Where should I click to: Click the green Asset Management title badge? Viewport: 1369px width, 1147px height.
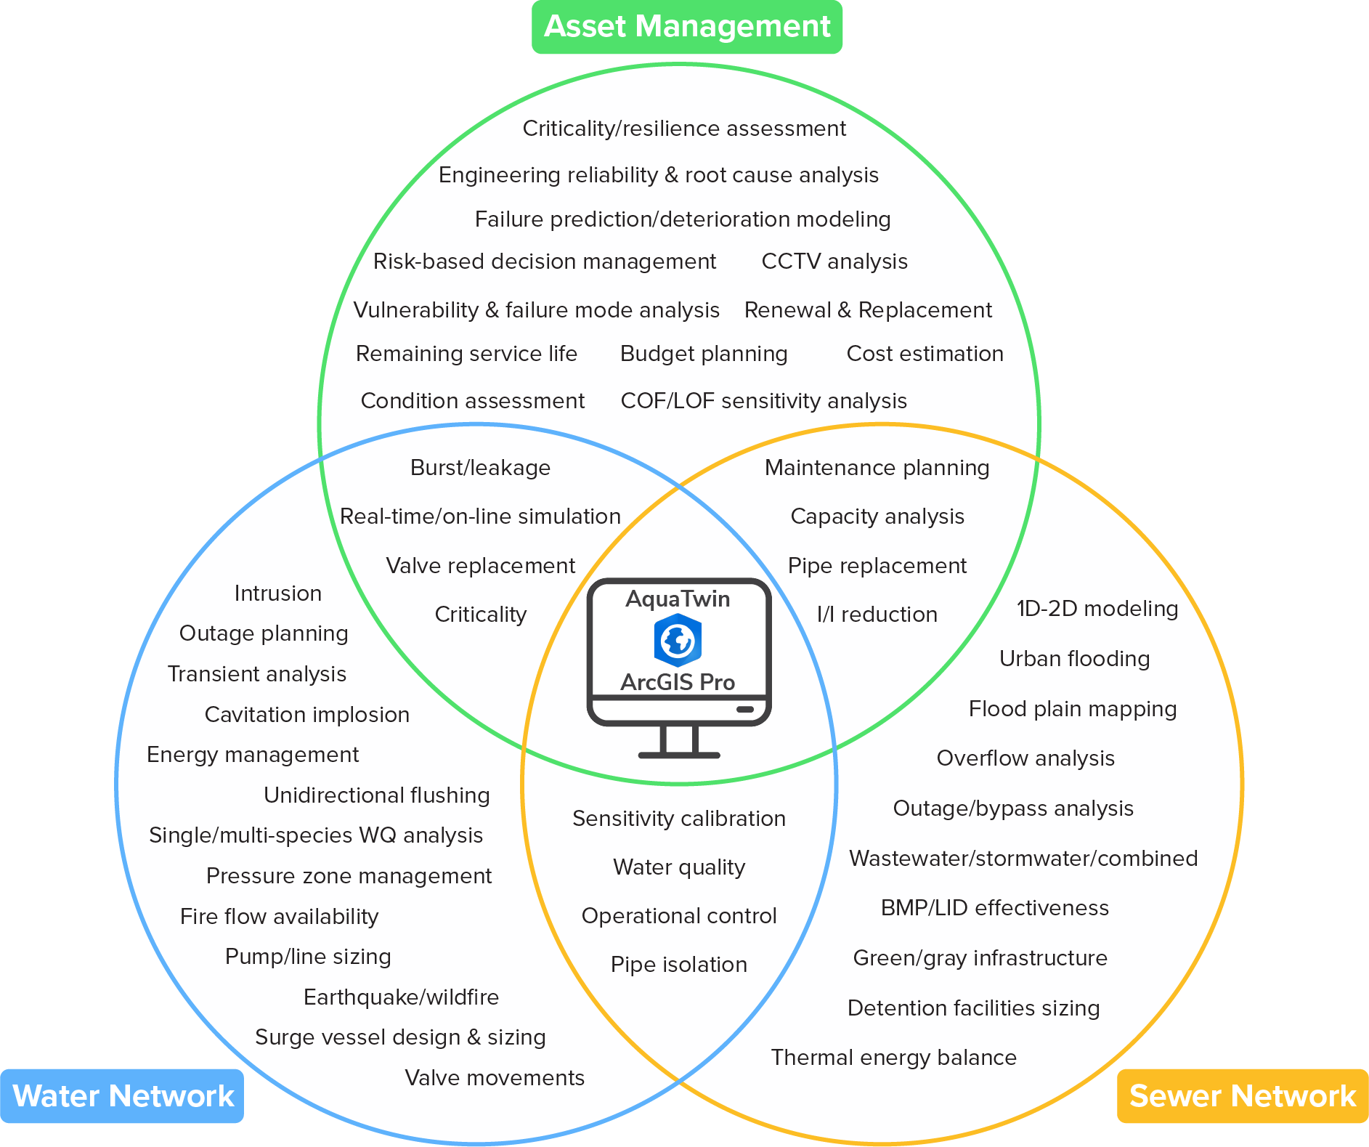point(687,27)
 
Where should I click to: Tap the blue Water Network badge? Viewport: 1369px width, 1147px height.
point(122,1096)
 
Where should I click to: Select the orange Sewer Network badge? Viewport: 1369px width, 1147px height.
point(1243,1096)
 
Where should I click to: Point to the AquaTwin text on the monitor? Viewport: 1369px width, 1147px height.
point(678,599)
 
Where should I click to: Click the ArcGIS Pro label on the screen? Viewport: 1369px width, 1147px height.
point(678,682)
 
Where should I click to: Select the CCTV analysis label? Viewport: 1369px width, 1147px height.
point(834,262)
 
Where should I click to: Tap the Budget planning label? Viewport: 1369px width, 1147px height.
point(704,354)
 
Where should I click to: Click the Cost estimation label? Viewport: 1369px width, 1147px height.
point(925,354)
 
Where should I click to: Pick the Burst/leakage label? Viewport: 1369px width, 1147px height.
point(480,468)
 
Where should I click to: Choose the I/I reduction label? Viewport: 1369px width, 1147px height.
point(877,615)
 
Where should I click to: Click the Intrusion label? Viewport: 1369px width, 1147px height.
point(277,593)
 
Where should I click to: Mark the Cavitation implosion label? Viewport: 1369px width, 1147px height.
point(306,715)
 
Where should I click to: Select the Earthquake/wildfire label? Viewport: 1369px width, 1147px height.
point(401,997)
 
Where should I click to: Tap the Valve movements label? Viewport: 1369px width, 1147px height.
point(494,1078)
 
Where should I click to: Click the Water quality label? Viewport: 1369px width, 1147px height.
point(679,867)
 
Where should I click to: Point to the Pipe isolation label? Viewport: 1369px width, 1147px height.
point(679,965)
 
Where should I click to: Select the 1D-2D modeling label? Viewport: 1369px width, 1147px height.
point(1097,609)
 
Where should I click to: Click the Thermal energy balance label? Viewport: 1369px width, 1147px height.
point(893,1058)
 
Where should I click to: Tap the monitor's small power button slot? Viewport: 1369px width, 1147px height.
point(745,709)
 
